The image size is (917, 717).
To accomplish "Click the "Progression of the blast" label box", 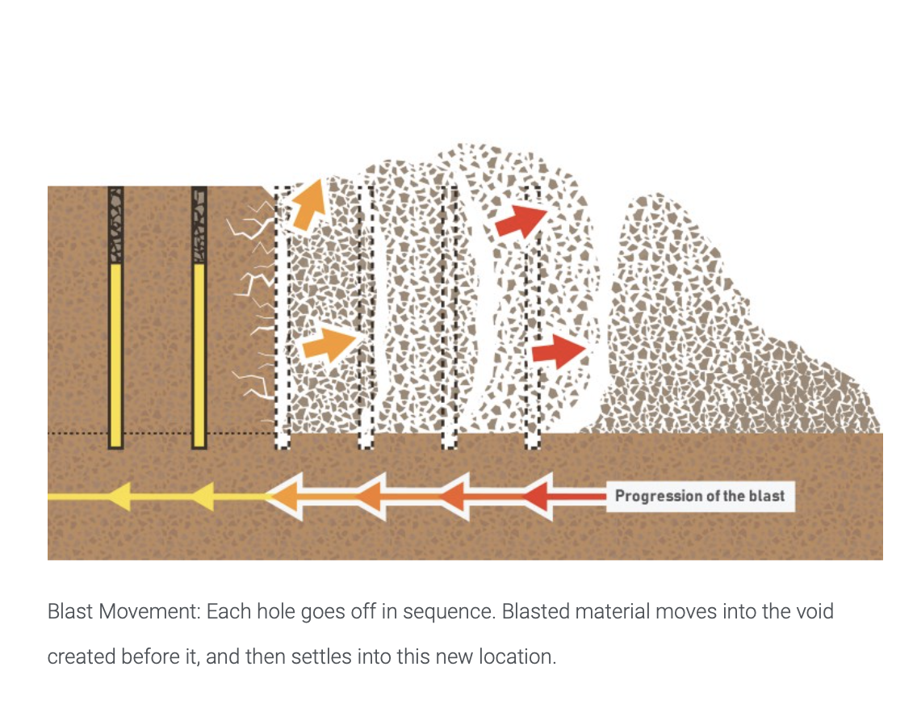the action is click(x=700, y=497).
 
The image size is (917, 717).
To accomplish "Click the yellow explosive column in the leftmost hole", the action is click(x=115, y=355).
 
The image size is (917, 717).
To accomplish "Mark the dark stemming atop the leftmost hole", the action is click(x=115, y=225).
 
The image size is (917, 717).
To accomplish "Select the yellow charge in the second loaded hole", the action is click(x=199, y=355).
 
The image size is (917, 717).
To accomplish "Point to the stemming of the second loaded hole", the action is click(x=199, y=225).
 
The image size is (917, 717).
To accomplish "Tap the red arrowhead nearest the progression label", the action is click(x=537, y=497).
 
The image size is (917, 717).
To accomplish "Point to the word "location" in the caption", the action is click(x=517, y=656).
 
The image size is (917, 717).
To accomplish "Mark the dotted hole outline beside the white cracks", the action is click(x=282, y=317).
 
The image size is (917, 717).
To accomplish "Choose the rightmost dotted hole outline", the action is click(x=532, y=317).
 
